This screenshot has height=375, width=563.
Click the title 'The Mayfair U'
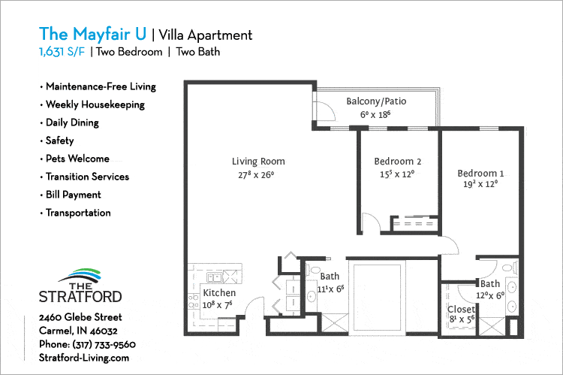pos(93,35)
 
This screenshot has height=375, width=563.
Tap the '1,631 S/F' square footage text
pos(62,53)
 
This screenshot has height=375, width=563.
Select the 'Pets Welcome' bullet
pos(77,159)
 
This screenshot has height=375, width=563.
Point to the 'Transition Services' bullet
pos(87,177)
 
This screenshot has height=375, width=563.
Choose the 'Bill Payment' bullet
pos(73,195)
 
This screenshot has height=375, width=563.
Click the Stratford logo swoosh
pos(80,275)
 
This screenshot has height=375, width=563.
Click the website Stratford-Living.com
pos(84,358)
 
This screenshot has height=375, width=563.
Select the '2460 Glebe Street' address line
pos(80,317)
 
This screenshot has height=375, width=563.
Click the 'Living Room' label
pos(257,162)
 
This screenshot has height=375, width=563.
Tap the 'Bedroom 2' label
pos(397,162)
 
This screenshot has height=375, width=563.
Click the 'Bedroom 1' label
pos(480,174)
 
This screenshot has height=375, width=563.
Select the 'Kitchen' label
pos(219,293)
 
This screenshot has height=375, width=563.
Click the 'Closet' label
pos(461,309)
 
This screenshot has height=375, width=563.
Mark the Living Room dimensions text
pos(257,175)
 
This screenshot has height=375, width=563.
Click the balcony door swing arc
pos(324,113)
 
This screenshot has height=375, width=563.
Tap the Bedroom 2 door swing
pos(371,224)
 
